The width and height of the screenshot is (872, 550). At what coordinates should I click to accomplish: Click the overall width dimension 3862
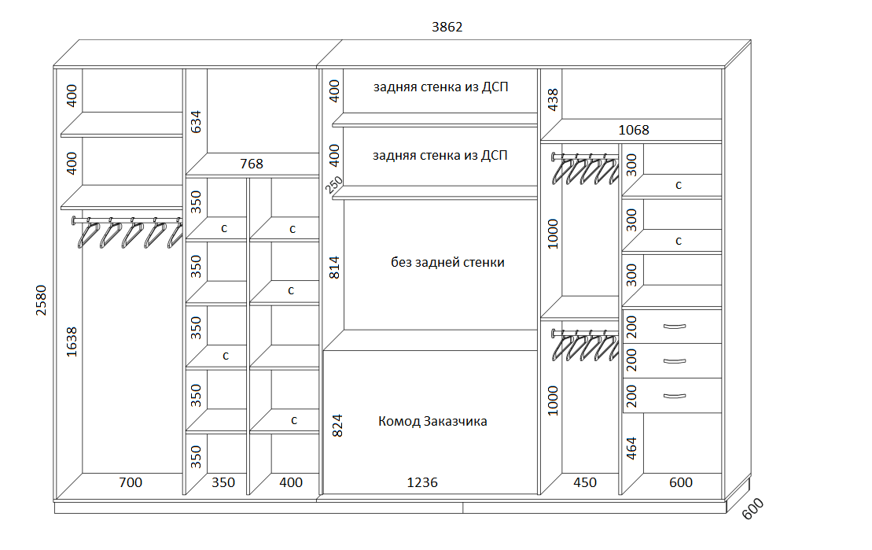tap(447, 27)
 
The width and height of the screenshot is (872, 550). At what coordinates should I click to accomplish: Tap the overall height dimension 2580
tap(42, 301)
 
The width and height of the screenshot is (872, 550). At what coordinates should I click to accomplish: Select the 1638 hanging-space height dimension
tap(72, 341)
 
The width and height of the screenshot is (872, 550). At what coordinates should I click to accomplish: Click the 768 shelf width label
tap(252, 164)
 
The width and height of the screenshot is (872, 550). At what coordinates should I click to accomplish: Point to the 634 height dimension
tap(196, 122)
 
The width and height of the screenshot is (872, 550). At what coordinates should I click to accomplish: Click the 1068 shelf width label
tap(634, 130)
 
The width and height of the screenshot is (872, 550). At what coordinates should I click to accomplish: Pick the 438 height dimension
tap(553, 100)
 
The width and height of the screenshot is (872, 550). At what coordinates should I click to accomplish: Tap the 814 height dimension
tap(334, 268)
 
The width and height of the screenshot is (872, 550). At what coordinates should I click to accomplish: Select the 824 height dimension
tap(337, 426)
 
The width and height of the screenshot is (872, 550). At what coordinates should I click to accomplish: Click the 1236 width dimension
tap(422, 482)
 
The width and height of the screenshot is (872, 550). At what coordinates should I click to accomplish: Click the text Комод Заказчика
tap(432, 422)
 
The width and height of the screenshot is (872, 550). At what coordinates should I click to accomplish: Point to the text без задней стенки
tap(447, 262)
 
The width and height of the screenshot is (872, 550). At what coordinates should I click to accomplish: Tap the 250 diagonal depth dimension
tap(334, 185)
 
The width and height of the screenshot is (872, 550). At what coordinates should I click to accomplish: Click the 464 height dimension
tap(631, 448)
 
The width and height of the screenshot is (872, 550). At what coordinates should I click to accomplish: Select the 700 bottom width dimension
tap(131, 482)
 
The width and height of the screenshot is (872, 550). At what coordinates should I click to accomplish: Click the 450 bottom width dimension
tap(585, 482)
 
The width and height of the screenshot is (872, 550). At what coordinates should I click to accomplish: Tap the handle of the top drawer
tap(675, 327)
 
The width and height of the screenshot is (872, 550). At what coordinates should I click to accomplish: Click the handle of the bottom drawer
tap(675, 397)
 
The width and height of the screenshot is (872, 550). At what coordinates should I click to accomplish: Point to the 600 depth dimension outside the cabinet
tap(753, 509)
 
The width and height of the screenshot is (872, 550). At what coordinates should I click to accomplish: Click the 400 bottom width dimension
tap(291, 482)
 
